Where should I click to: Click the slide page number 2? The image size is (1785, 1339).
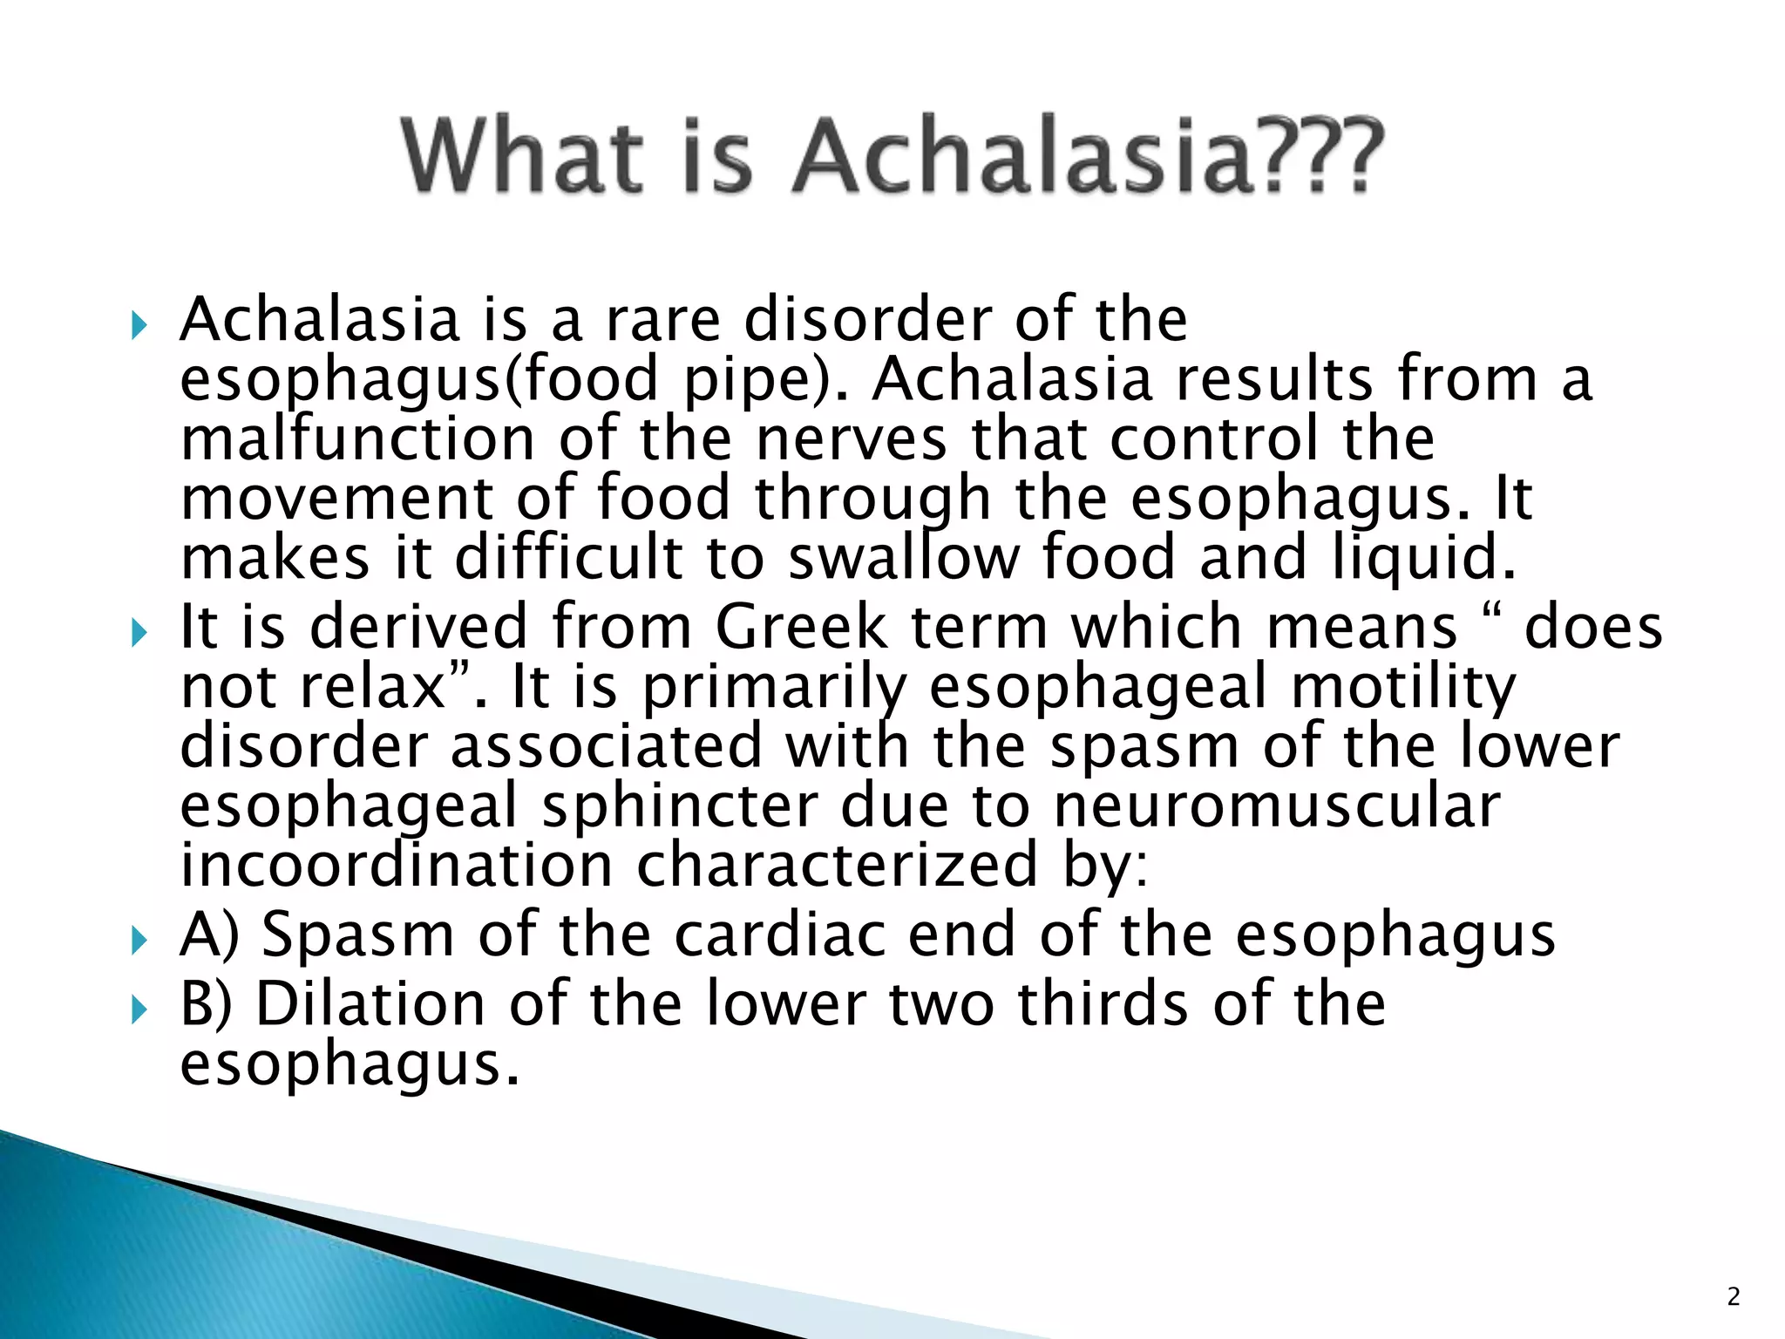1734,1296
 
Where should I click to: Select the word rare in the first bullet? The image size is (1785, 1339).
662,320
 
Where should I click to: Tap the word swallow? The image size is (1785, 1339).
903,557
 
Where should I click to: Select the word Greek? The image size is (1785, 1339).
801,627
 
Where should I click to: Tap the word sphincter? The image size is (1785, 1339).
680,805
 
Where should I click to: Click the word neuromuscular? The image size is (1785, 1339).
1277,805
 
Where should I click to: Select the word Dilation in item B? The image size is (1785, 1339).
370,1004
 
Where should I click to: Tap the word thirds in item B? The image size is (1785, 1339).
1103,1004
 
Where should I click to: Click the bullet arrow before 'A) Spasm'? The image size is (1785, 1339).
139,941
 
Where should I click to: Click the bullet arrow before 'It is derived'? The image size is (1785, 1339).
139,633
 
